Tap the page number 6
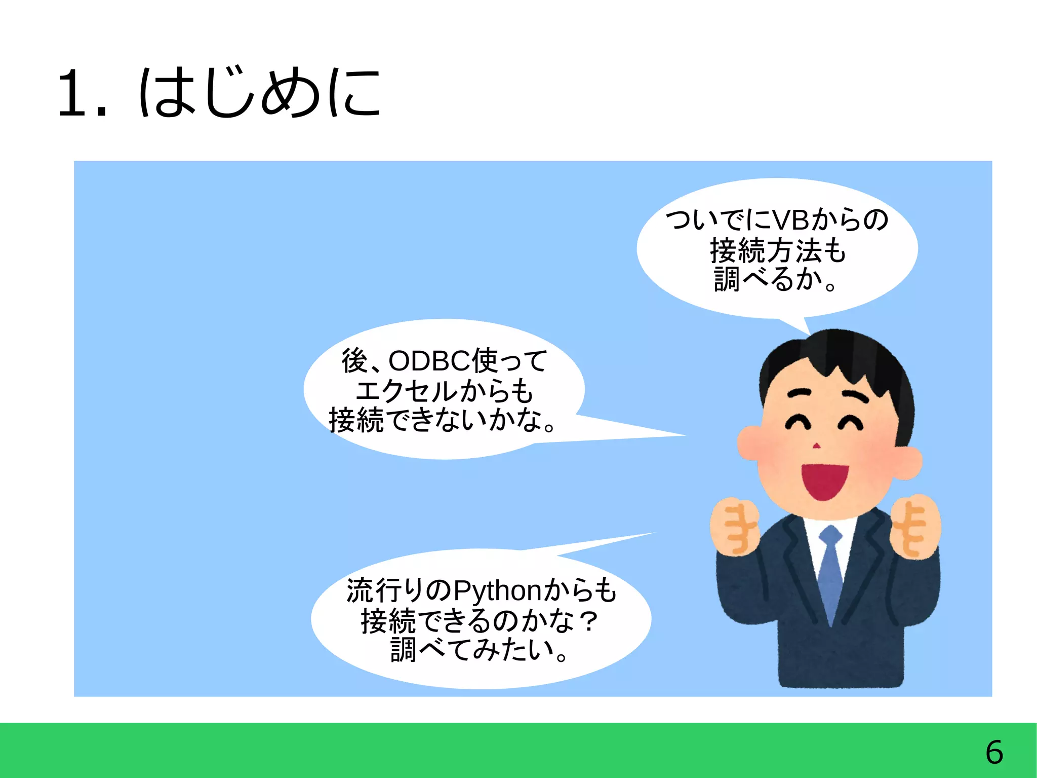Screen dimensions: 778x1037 pyautogui.click(x=994, y=752)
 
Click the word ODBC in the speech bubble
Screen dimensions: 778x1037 pyautogui.click(x=429, y=361)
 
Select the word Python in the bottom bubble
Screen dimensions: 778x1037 pyautogui.click(x=498, y=591)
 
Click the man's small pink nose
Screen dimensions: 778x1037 pyautogui.click(x=816, y=446)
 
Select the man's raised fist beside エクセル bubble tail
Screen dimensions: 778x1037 pyautogui.click(x=735, y=527)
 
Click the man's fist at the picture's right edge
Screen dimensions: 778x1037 pyautogui.click(x=916, y=527)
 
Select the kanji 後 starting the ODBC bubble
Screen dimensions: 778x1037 pyautogui.click(x=355, y=361)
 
